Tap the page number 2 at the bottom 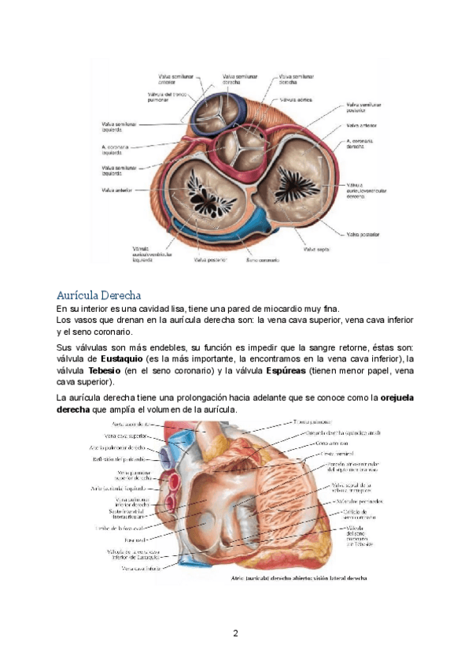tap(234, 633)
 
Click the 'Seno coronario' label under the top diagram tap(262, 259)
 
